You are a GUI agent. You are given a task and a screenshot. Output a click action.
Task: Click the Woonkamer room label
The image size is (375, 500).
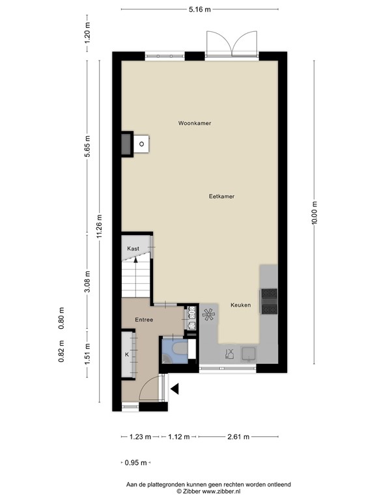tap(195, 123)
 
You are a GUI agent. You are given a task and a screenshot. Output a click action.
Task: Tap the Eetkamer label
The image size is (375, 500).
tap(221, 197)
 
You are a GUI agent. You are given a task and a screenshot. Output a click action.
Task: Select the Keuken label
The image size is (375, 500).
tap(240, 305)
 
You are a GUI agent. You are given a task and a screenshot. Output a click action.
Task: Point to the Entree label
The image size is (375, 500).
tap(144, 320)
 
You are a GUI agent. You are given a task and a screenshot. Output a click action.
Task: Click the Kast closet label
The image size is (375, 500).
tap(133, 249)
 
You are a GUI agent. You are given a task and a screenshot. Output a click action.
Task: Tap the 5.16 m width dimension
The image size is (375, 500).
tap(200, 9)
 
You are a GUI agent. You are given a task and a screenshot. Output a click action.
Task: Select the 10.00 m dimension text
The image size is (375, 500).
tap(314, 213)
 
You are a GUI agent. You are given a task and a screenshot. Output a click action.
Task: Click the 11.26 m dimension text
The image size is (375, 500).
tap(100, 226)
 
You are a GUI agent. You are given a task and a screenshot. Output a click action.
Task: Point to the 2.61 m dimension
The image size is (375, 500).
tap(238, 437)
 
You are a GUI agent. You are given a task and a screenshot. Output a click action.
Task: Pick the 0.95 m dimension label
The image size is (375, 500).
tap(135, 463)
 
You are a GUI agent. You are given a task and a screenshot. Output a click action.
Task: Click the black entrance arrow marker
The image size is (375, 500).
tap(174, 389)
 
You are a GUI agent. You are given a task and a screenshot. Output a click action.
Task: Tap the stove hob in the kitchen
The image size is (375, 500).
tap(269, 301)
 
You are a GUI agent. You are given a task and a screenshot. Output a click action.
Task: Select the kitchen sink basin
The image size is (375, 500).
tap(249, 354)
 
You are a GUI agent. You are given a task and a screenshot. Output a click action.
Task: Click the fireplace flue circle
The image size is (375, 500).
tap(141, 144)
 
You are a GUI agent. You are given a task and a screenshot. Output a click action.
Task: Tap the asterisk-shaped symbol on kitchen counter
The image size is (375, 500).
tap(208, 314)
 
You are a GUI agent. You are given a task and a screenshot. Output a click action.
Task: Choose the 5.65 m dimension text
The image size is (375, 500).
tap(87, 146)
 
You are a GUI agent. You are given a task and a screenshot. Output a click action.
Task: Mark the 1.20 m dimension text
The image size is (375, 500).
tap(87, 33)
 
